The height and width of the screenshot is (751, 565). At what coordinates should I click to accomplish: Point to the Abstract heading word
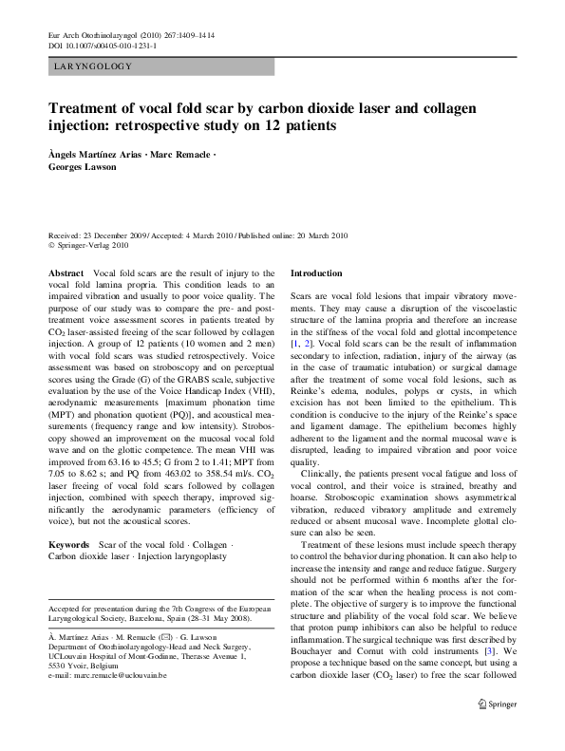pos(66,272)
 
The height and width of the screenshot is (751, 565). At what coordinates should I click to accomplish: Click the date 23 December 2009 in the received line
pos(118,235)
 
